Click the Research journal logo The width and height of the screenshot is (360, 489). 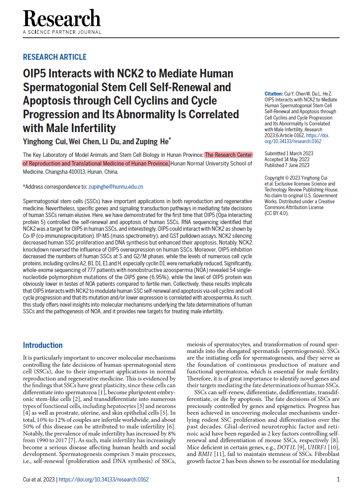tap(62, 19)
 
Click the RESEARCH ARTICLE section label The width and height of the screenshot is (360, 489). tap(55, 57)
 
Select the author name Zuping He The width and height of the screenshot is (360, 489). tap(154, 142)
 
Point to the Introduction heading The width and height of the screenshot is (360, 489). tap(43, 345)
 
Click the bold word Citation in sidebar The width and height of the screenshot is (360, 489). tap(274, 94)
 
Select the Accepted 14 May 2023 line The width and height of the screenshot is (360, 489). tap(287, 160)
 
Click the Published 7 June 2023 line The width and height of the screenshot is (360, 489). tap(287, 165)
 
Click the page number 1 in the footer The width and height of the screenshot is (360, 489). tap(338, 480)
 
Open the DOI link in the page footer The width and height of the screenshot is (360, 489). tap(104, 480)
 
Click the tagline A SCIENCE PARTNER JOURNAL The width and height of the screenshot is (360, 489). tap(62, 32)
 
